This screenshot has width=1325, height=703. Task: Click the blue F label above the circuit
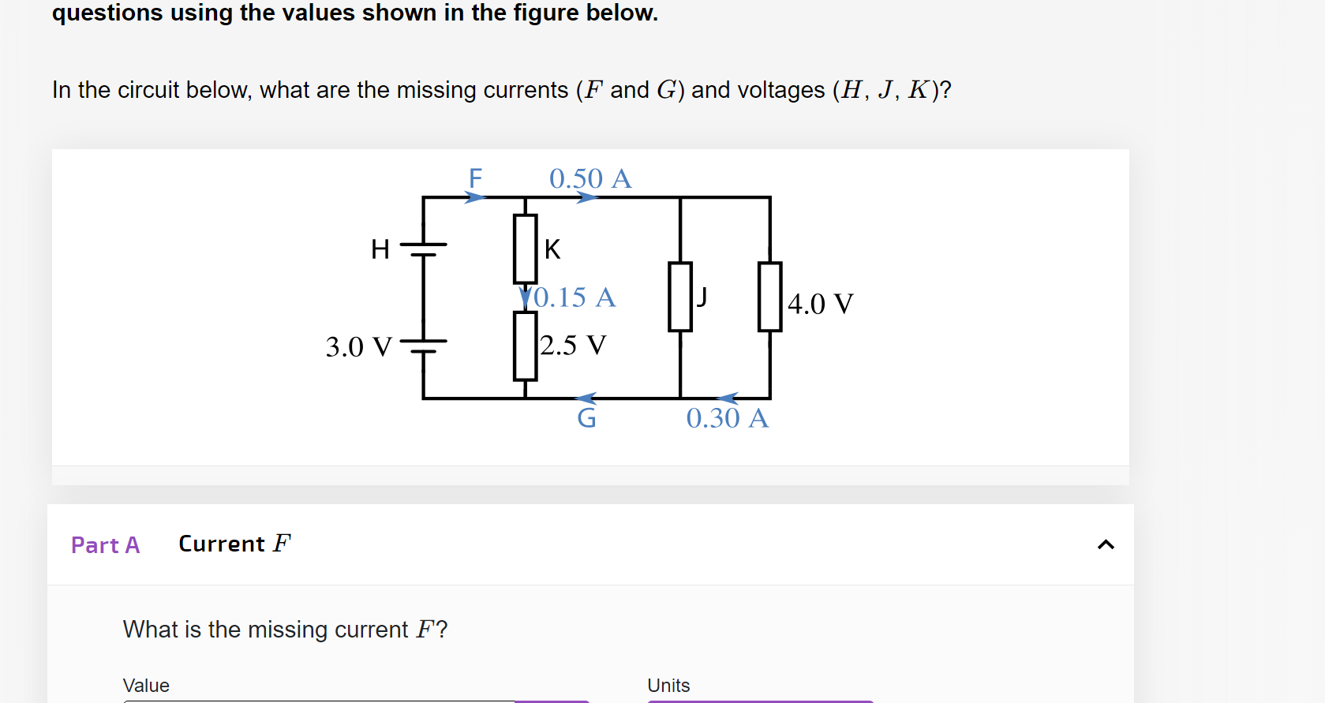pyautogui.click(x=475, y=178)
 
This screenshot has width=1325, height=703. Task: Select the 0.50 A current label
pyautogui.click(x=590, y=178)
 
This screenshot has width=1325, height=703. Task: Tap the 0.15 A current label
pyautogui.click(x=575, y=297)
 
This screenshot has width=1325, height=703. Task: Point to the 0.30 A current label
pyautogui.click(x=727, y=418)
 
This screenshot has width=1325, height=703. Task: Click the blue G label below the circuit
pyautogui.click(x=586, y=418)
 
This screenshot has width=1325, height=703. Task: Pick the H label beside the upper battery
pyautogui.click(x=380, y=249)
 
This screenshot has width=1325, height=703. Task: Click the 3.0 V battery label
pyautogui.click(x=358, y=347)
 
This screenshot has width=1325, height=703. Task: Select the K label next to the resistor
pyautogui.click(x=552, y=249)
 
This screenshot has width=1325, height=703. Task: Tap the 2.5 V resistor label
pyautogui.click(x=573, y=346)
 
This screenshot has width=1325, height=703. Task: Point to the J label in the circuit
pyautogui.click(x=702, y=297)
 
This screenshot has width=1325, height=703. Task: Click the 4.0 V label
pyautogui.click(x=820, y=304)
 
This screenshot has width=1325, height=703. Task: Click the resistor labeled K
pyautogui.click(x=525, y=249)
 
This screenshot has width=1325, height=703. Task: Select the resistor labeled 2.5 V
pyautogui.click(x=525, y=346)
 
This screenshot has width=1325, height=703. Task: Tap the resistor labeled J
pyautogui.click(x=679, y=297)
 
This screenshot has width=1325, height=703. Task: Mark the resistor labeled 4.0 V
pyautogui.click(x=769, y=297)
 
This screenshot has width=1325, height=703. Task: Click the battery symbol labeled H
pyautogui.click(x=424, y=249)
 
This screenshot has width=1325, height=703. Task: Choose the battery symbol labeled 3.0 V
pyautogui.click(x=424, y=346)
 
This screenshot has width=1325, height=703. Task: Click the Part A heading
pyautogui.click(x=105, y=545)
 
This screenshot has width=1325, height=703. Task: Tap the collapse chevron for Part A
pyautogui.click(x=1106, y=544)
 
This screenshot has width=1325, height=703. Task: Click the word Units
pyautogui.click(x=668, y=686)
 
